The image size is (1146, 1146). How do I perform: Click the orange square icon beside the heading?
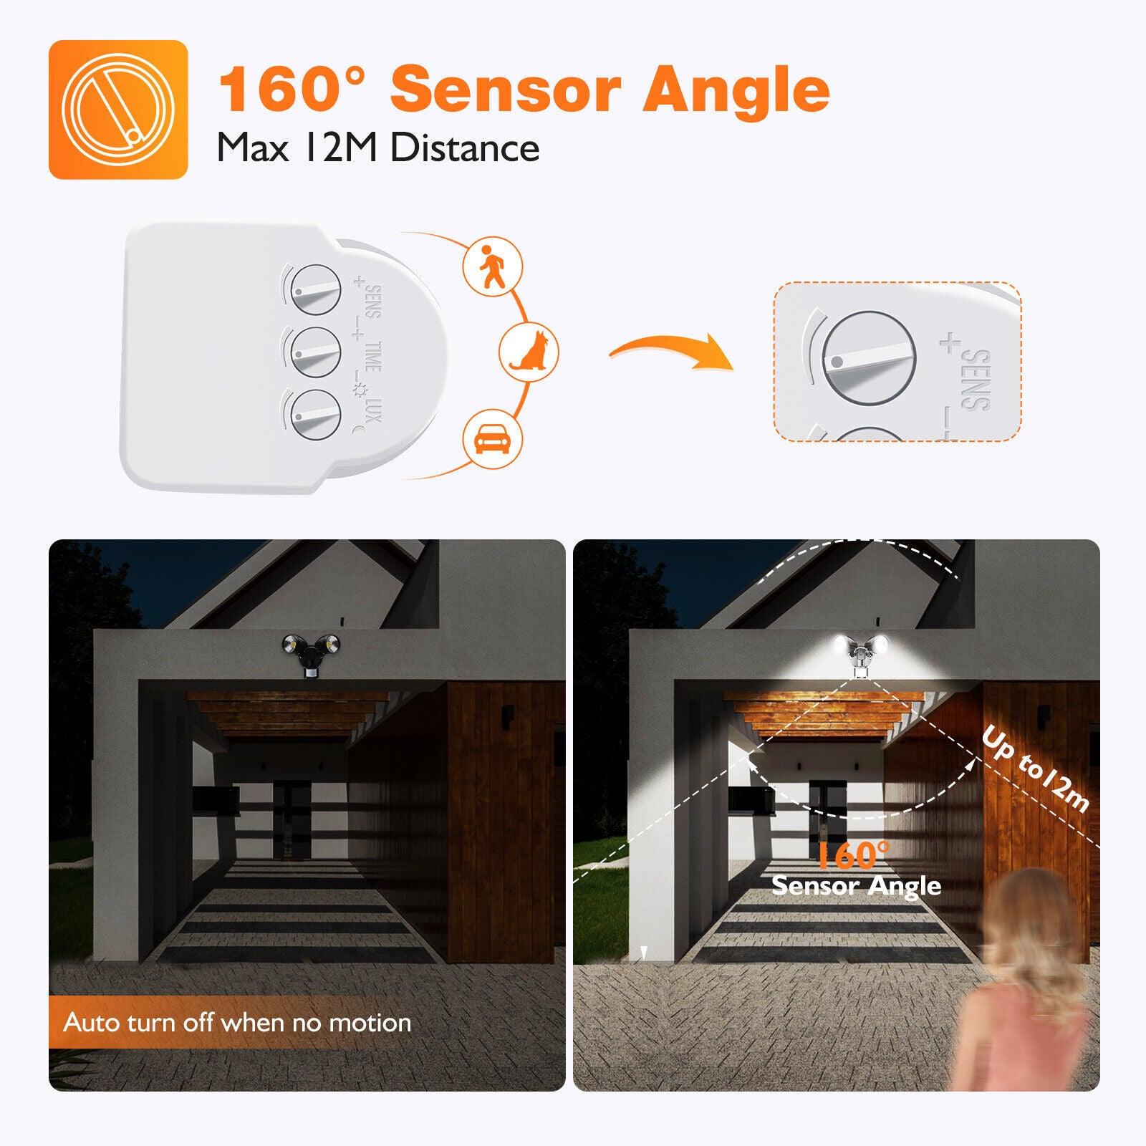(118, 109)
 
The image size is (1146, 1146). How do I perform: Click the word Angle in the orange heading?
(736, 90)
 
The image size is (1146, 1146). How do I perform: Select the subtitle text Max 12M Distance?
(378, 148)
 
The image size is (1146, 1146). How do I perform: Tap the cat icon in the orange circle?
(529, 351)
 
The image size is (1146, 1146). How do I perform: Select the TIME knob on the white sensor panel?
(312, 350)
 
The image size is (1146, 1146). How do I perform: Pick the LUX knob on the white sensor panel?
(312, 413)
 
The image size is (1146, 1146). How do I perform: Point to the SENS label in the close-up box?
(976, 380)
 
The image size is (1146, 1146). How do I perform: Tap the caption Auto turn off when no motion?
(237, 1022)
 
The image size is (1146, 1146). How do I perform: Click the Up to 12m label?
(1035, 769)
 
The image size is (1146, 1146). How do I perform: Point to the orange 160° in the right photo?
(852, 855)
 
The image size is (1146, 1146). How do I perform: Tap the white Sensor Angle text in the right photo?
(856, 886)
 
